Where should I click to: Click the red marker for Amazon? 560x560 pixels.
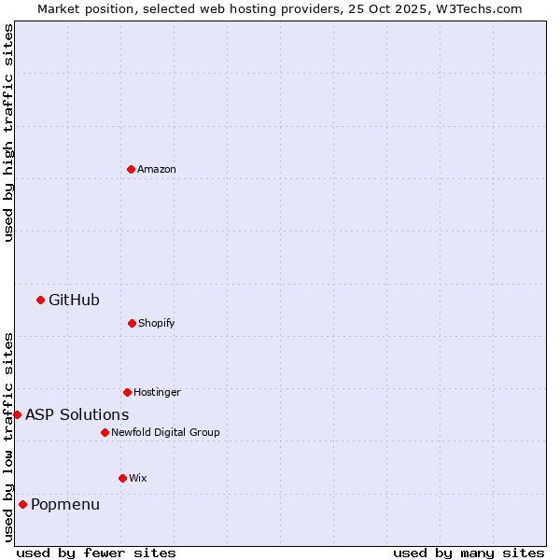(131, 169)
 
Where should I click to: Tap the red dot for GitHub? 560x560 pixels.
(40, 300)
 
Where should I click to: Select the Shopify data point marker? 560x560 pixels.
(132, 323)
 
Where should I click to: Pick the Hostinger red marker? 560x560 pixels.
(127, 392)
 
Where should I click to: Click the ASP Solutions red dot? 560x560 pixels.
(17, 414)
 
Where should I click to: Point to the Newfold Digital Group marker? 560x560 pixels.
(105, 432)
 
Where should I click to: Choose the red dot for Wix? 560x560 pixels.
(122, 478)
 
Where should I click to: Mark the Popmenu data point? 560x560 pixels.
(22, 504)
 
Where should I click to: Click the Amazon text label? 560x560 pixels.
(157, 169)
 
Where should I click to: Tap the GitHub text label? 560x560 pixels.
(74, 300)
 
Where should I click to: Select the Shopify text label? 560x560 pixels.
(157, 323)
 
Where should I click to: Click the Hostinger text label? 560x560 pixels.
(157, 392)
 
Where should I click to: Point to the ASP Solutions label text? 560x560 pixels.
(77, 414)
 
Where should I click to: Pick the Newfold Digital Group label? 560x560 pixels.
(165, 432)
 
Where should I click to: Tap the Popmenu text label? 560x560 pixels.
(65, 504)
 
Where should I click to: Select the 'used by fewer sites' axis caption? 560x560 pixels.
(96, 553)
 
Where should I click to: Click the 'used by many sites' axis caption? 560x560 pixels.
(469, 553)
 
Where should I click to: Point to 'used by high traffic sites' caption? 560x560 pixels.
(8, 133)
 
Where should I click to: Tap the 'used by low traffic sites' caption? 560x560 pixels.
(8, 437)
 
